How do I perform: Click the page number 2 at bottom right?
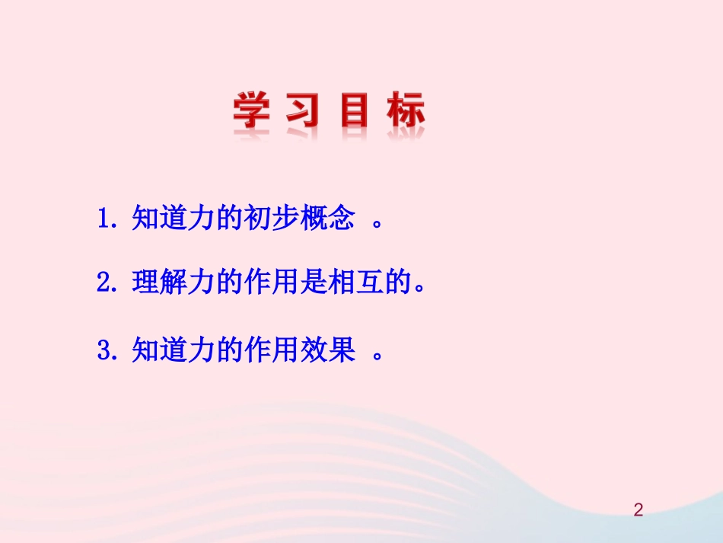coord(639,510)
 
